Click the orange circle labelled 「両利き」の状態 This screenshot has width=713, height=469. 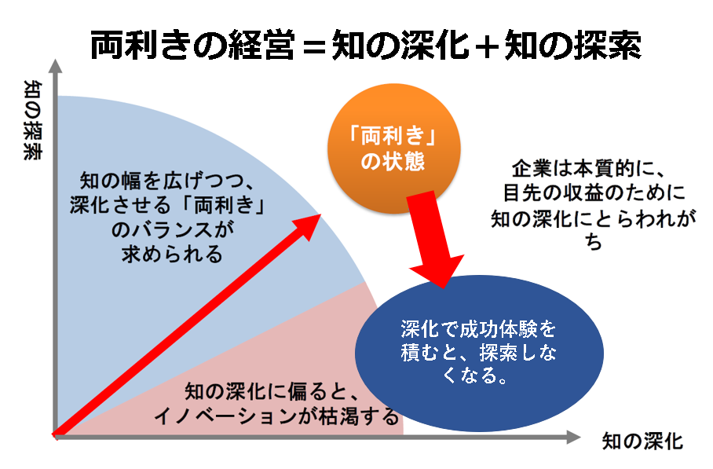click(393, 148)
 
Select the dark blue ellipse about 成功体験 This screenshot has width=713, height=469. click(479, 353)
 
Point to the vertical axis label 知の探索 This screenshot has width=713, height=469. click(33, 120)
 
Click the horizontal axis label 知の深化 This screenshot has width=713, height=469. click(642, 442)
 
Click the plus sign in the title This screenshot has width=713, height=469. click(487, 46)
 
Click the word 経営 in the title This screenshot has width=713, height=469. click(261, 46)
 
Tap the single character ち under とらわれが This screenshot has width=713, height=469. click(594, 241)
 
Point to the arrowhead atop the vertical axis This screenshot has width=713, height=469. click(56, 66)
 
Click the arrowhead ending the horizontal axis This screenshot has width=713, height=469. click(574, 437)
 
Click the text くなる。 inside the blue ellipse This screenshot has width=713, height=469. click(474, 376)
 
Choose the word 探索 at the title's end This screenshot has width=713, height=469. click(608, 46)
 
